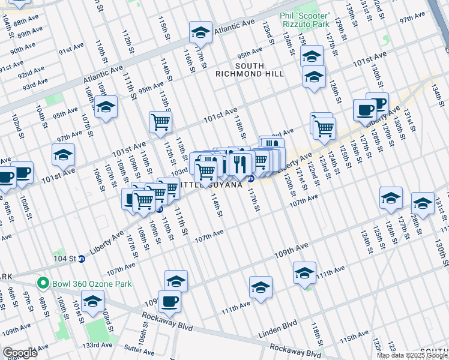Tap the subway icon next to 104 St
pyautogui.click(x=82, y=259)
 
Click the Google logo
pyautogui.click(x=20, y=353)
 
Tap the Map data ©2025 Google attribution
pyautogui.click(x=411, y=355)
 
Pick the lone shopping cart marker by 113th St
pyautogui.click(x=161, y=122)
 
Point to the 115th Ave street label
pyautogui.click(x=354, y=340)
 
